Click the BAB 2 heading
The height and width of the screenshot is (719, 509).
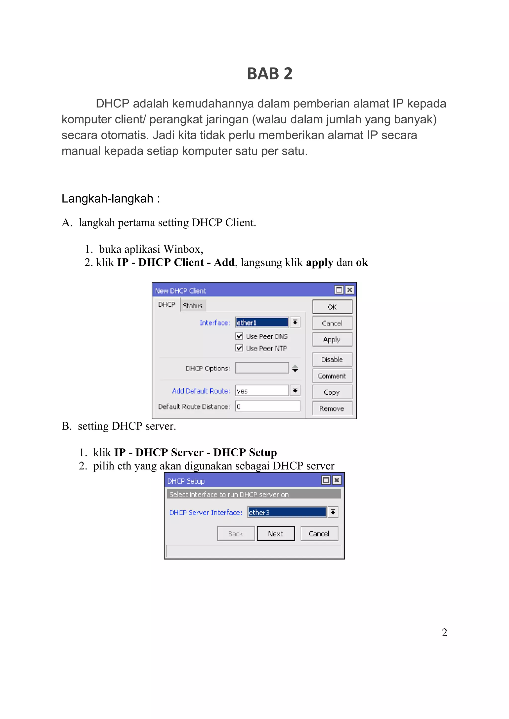[x=270, y=74]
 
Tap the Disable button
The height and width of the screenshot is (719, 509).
[x=332, y=359]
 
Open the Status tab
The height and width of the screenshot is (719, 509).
[x=192, y=306]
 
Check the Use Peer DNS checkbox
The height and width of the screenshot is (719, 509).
[x=239, y=336]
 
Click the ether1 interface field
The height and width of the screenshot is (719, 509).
[x=262, y=322]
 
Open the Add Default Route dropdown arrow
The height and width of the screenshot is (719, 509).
[x=295, y=390]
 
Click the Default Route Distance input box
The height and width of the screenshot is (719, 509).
[x=268, y=406]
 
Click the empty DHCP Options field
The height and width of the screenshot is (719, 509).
[x=262, y=368]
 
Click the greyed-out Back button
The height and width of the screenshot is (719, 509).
[x=236, y=533]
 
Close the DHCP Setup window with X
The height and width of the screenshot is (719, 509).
[x=337, y=480]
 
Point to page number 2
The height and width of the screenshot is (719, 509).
[x=444, y=632]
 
